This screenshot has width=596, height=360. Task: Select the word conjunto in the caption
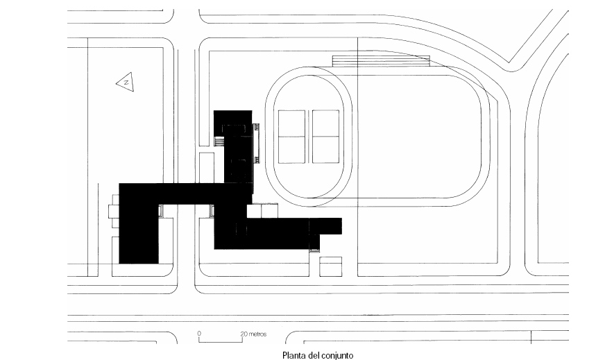337,354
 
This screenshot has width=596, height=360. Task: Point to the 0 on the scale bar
199,334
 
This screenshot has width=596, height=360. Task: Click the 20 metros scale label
254,334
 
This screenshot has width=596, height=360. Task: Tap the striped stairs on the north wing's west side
219,142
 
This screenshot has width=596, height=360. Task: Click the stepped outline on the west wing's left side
114,215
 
